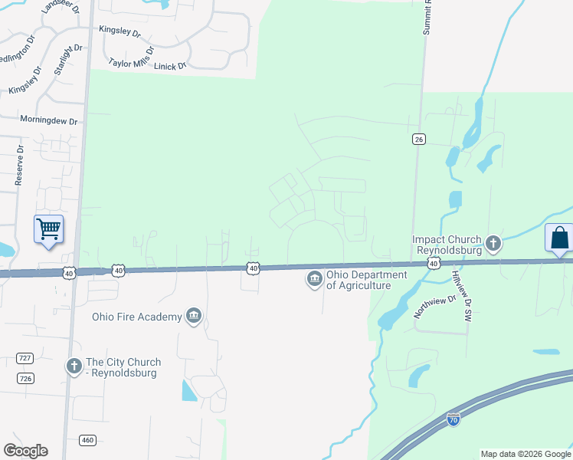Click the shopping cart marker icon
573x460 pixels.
click(48, 229)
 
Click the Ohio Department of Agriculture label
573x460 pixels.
click(359, 280)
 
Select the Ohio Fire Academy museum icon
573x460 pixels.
click(194, 317)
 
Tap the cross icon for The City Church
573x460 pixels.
click(74, 367)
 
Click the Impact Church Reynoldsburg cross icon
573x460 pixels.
click(494, 245)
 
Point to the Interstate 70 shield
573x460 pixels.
click(453, 420)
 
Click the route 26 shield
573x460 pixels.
click(418, 139)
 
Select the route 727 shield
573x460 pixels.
click(25, 358)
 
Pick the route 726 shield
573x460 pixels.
click(25, 379)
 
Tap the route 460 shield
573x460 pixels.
click(87, 440)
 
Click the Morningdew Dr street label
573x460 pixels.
click(49, 121)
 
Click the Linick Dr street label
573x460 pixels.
click(170, 67)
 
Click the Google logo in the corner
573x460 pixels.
click(25, 451)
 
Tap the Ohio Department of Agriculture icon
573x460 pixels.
click(314, 280)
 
